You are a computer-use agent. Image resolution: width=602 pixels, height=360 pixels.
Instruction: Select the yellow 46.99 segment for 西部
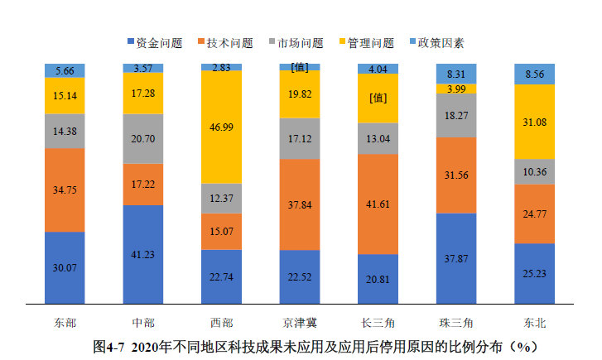[x=221, y=127]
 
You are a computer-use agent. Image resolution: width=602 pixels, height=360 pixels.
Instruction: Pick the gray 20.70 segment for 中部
[x=143, y=138]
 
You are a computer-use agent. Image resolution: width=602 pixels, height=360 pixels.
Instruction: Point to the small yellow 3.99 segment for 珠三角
[x=456, y=89]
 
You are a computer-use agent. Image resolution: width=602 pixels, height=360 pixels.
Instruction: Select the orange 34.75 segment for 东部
[x=65, y=190]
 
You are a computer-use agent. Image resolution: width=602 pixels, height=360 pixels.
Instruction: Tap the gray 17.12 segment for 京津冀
[x=300, y=138]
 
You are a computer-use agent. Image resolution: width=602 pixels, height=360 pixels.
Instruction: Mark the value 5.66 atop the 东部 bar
[x=65, y=70]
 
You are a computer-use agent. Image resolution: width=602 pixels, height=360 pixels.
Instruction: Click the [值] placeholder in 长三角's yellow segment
[x=378, y=98]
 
